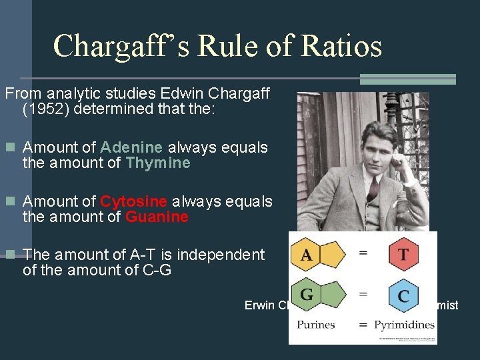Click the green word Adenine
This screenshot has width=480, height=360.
click(131, 147)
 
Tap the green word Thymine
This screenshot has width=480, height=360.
click(157, 163)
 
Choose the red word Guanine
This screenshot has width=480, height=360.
click(157, 217)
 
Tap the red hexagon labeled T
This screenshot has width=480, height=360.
click(403, 254)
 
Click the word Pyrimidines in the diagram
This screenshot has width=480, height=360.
click(404, 325)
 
